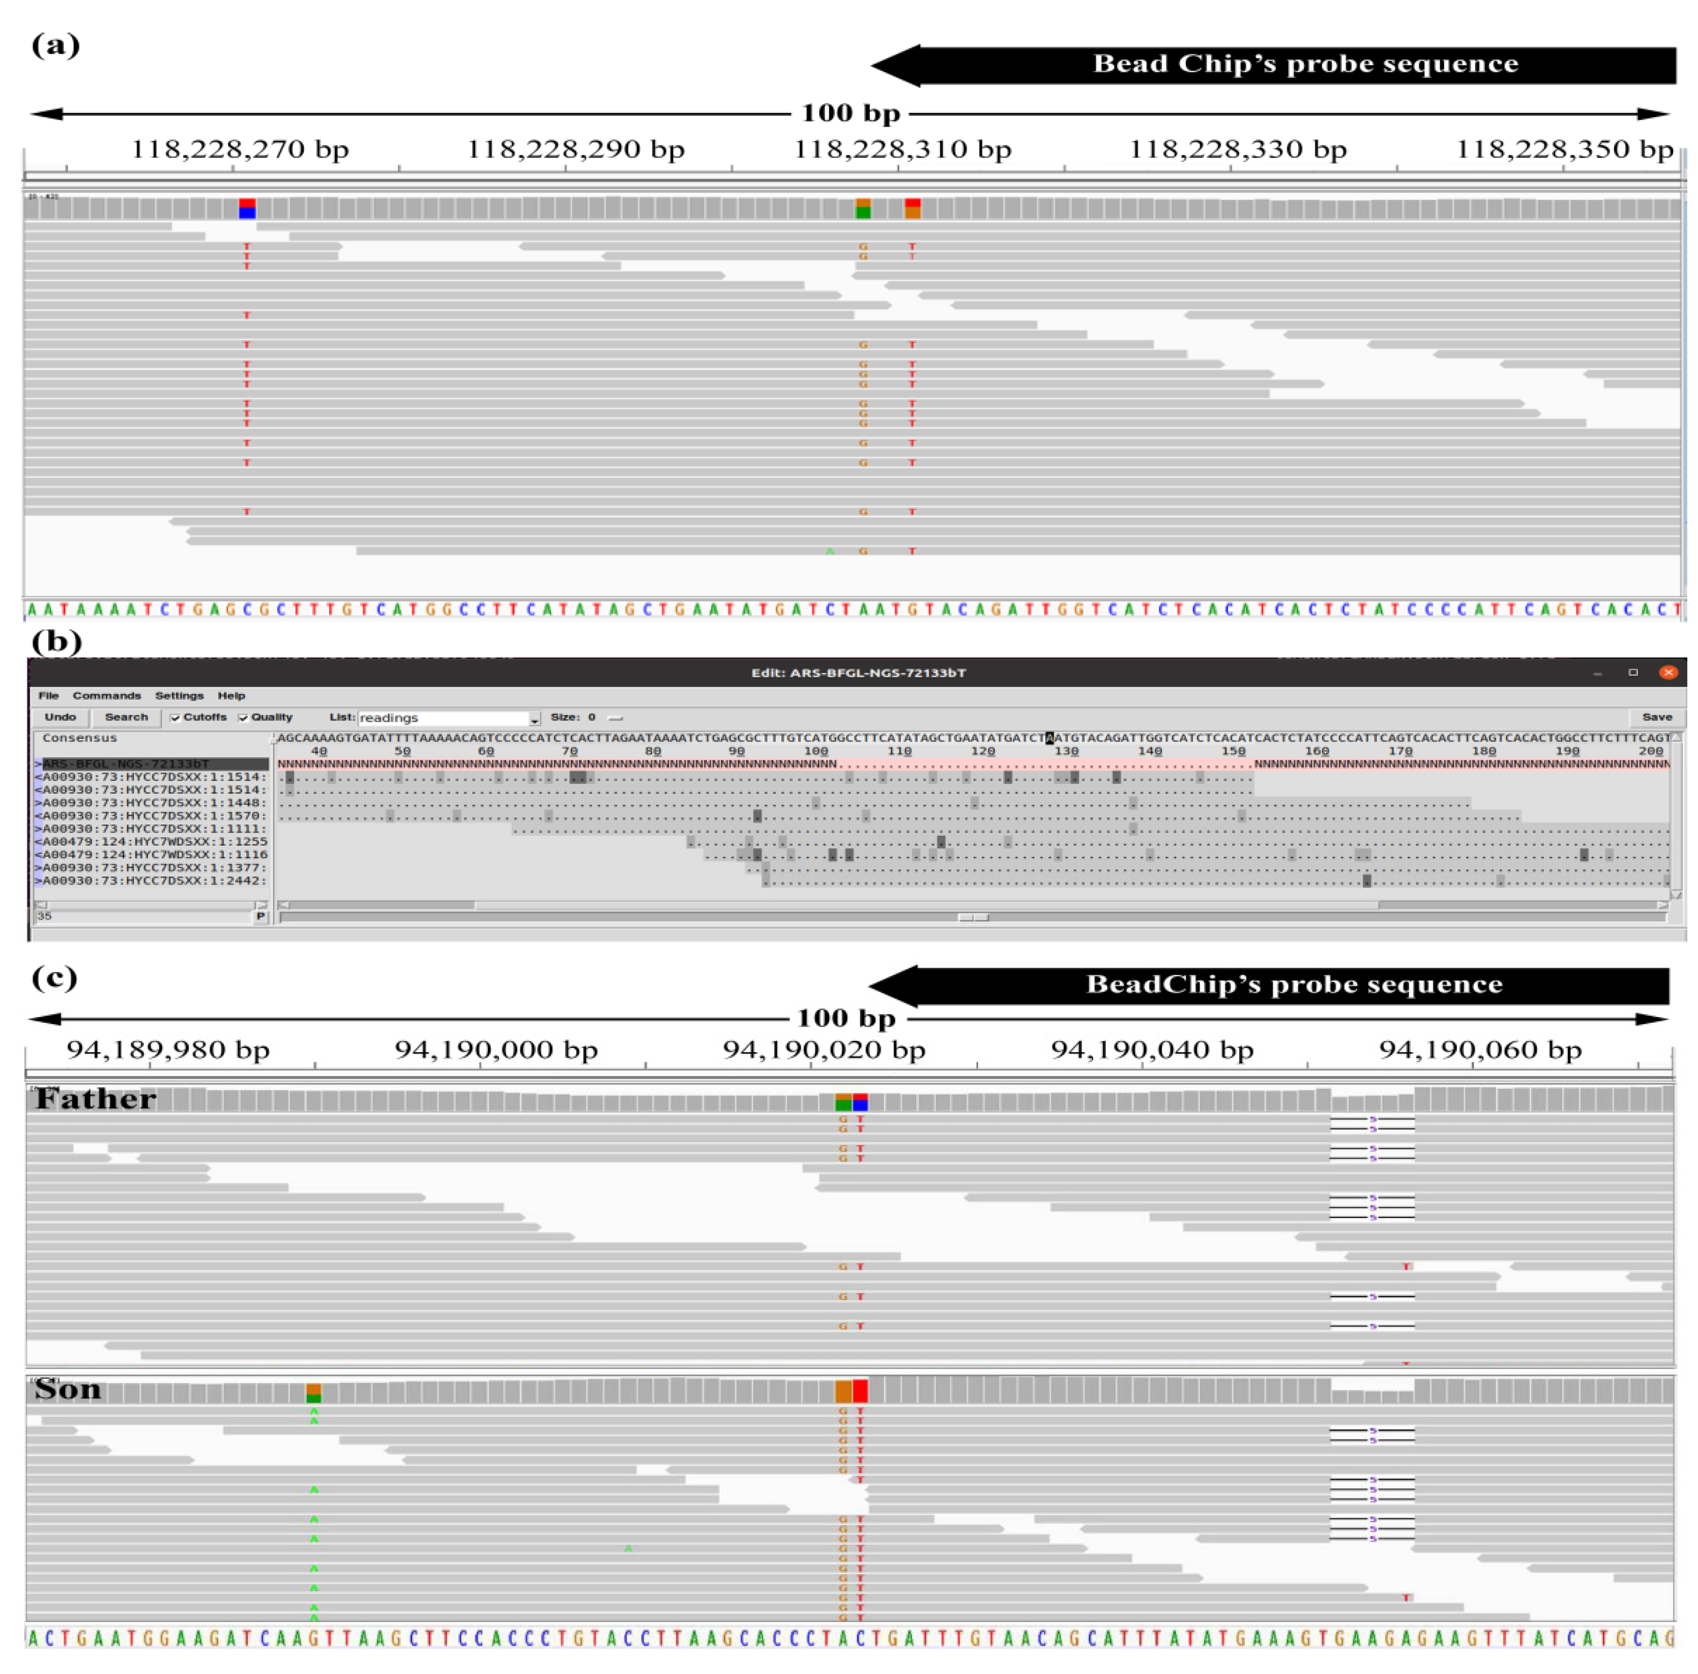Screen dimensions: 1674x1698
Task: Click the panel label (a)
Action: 55,44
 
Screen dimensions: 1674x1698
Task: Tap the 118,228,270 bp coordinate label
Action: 240,150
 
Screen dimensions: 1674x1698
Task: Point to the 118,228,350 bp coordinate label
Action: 1564,150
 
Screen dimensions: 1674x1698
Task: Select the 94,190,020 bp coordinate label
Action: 824,1050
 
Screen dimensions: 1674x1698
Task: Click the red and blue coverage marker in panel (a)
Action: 247,209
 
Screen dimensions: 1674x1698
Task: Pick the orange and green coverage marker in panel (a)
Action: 863,209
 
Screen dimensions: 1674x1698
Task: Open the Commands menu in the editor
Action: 106,696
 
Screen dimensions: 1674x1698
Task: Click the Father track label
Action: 96,1099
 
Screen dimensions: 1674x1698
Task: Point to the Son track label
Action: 68,1389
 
